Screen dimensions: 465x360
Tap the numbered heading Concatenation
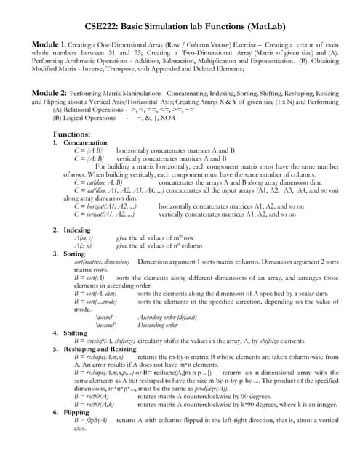pos(85,143)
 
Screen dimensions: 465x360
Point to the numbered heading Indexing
pos(77,230)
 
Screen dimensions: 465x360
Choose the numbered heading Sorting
pos(76,254)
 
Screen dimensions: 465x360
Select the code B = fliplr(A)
pos(91,420)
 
